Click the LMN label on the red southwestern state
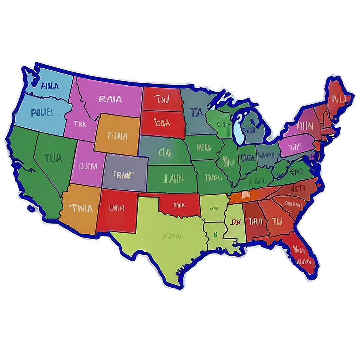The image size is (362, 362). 117,208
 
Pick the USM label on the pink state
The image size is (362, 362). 88,166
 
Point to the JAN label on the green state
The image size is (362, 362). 173,178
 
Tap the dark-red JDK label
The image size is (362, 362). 235,222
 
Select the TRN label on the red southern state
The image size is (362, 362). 255,221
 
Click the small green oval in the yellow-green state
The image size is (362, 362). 215,233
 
